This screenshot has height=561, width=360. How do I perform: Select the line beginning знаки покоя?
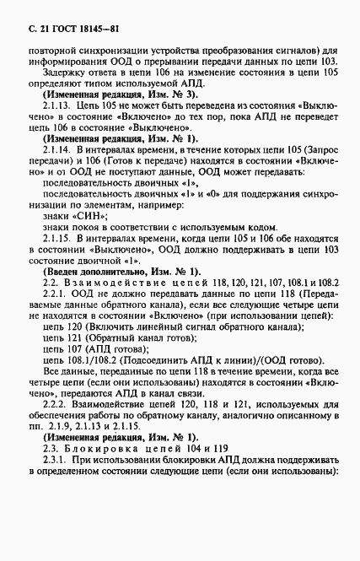pos(147,229)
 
